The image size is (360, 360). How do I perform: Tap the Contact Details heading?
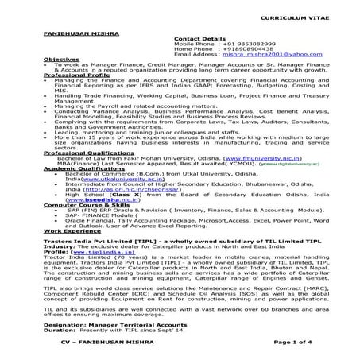pyautogui.click(x=195, y=37)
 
